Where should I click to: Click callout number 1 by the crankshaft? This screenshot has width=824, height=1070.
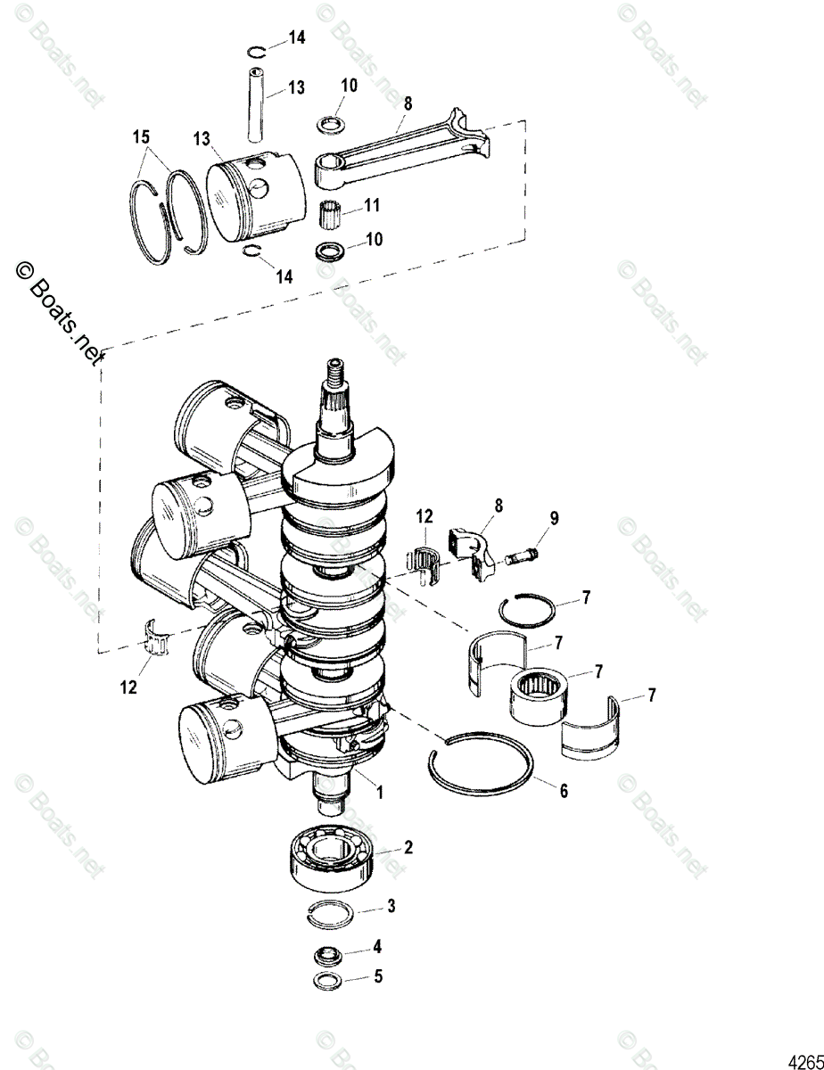coord(382,790)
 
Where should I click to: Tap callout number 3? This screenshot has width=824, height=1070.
coord(391,906)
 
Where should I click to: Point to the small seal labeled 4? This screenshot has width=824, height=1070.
coord(327,956)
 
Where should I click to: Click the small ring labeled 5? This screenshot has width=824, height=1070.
coord(326,981)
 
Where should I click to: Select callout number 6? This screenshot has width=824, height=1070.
coord(563,790)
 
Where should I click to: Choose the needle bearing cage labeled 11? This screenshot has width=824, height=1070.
coord(331,215)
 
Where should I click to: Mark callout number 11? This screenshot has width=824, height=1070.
coord(372,206)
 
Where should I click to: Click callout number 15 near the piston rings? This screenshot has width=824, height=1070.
coord(141,138)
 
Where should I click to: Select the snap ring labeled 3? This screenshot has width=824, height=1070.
coord(332,909)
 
